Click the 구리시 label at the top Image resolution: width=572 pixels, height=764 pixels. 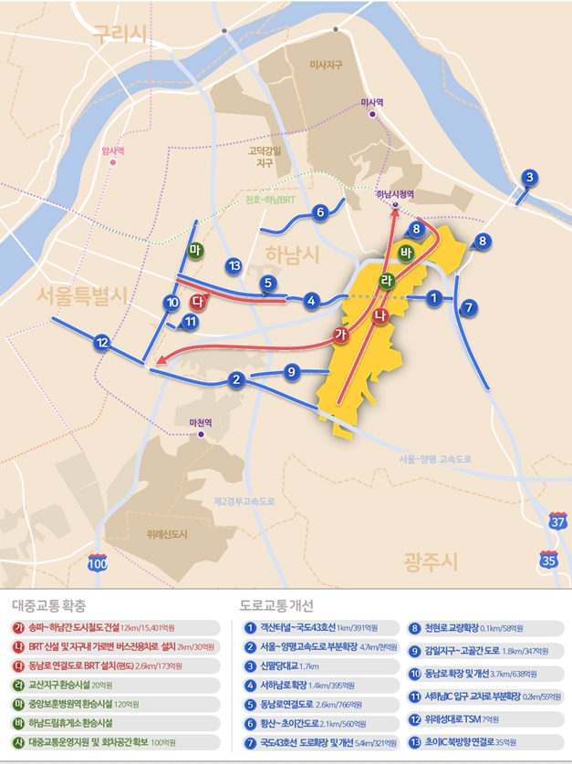pyautogui.click(x=120, y=36)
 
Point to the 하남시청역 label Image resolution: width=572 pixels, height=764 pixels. pyautogui.click(x=395, y=194)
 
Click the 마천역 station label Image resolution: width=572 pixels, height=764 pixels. pyautogui.click(x=199, y=422)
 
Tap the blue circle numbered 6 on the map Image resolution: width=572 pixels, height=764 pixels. pyautogui.click(x=319, y=213)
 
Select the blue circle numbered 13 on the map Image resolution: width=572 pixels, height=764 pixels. pyautogui.click(x=234, y=265)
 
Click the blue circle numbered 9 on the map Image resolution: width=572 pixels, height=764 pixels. pyautogui.click(x=292, y=371)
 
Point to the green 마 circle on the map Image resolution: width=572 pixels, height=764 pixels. pyautogui.click(x=193, y=250)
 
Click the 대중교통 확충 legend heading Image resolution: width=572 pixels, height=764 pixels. pyautogui.click(x=50, y=604)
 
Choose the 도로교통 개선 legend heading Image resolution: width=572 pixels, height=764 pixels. pyautogui.click(x=275, y=604)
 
